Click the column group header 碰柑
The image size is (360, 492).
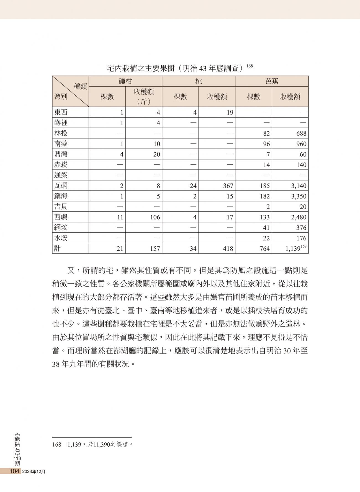[125, 81]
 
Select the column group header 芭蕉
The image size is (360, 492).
[271, 81]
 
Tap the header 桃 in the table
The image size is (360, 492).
[198, 81]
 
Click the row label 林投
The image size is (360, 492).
[61, 133]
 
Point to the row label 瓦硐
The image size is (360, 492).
[61, 185]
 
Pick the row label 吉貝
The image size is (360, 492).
[61, 206]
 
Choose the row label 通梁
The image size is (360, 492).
[61, 175]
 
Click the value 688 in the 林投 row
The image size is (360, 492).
[301, 133]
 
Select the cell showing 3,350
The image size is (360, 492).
[299, 196]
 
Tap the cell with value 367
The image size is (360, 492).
[228, 186]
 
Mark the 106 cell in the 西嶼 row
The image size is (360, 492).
[155, 217]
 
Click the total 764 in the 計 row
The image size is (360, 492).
[264, 249]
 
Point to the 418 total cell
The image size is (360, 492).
[228, 249]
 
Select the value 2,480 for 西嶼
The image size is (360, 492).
[299, 217]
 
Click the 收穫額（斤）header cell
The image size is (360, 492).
[144, 96]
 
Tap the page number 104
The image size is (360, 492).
[14, 471]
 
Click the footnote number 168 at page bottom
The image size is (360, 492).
[56, 445]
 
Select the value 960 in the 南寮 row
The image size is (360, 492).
[301, 144]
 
